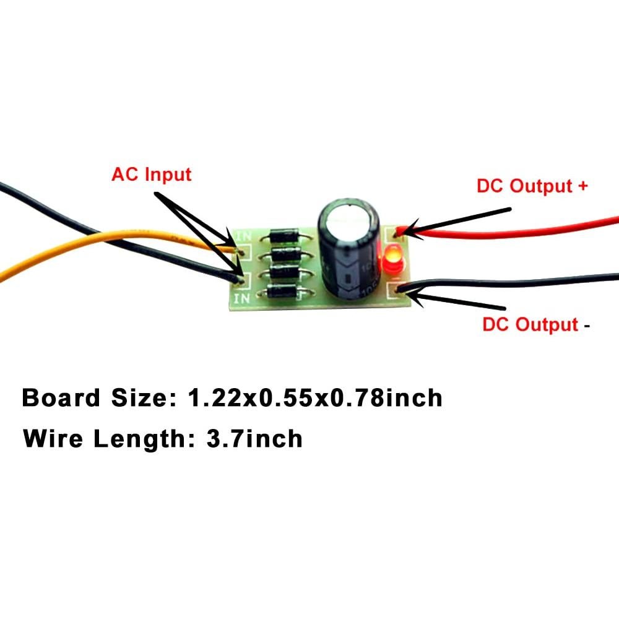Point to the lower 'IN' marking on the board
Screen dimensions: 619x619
pyautogui.click(x=241, y=299)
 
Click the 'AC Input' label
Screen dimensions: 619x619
pyautogui.click(x=152, y=175)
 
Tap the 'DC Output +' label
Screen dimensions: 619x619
pyautogui.click(x=532, y=185)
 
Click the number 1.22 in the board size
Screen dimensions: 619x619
pyautogui.click(x=214, y=397)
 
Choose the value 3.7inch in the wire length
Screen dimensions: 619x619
pyautogui.click(x=246, y=439)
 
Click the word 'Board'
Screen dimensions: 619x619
pyautogui.click(x=60, y=397)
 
